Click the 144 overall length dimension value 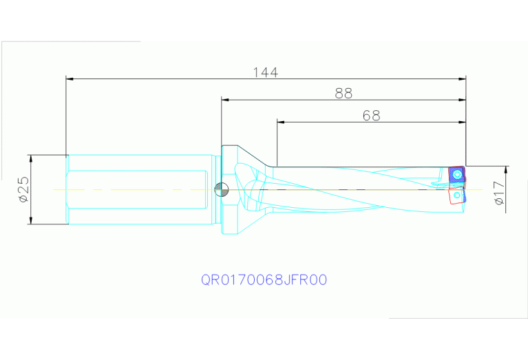pyautogui.click(x=265, y=72)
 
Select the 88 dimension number pyautogui.click(x=344, y=94)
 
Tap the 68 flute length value pyautogui.click(x=371, y=116)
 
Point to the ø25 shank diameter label pyautogui.click(x=23, y=189)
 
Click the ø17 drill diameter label pyautogui.click(x=500, y=193)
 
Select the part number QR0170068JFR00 pyautogui.click(x=264, y=280)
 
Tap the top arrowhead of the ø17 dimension pyautogui.click(x=506, y=170)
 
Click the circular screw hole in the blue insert pyautogui.click(x=456, y=176)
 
